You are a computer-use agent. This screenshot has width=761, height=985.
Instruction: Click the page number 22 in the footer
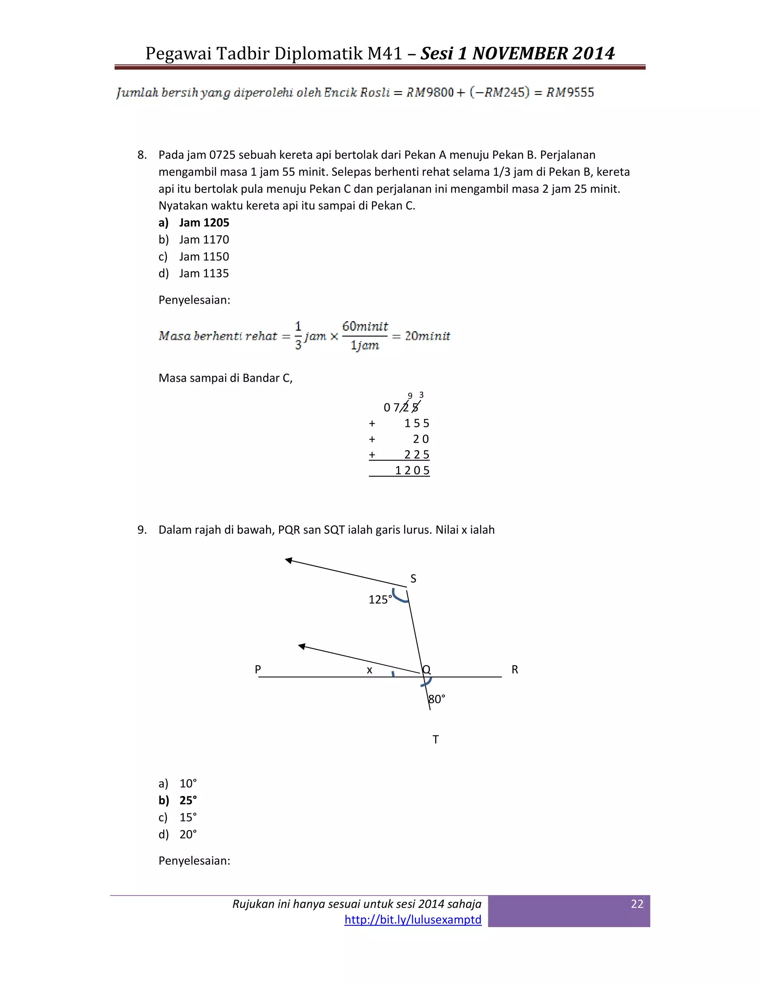637,904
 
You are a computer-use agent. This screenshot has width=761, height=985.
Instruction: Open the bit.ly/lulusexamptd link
412,920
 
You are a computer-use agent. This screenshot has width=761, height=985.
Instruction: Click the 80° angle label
436,699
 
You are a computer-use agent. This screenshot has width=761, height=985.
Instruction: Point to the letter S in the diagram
413,579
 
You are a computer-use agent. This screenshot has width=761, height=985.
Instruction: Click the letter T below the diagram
435,740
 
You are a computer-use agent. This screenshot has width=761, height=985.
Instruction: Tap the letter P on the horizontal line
258,669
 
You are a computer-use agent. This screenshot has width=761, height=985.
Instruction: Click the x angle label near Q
369,670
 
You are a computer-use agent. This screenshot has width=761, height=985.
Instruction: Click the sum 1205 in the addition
412,471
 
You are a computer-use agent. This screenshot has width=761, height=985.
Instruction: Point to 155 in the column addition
417,423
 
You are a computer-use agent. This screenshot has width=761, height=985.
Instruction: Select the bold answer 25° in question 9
188,801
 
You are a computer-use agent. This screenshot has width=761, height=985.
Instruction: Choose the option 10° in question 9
188,784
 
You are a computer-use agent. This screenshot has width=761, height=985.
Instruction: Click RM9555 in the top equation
570,93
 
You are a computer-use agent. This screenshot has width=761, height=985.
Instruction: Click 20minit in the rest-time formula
427,336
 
